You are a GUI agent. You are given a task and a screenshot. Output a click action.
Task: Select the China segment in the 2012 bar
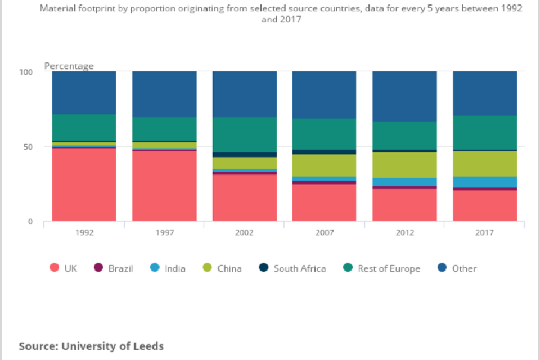[404, 165]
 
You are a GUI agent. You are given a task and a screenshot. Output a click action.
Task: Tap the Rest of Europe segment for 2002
[244, 134]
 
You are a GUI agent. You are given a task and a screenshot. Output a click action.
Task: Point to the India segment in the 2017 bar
[485, 182]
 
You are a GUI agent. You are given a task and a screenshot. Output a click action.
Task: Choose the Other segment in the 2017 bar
[485, 93]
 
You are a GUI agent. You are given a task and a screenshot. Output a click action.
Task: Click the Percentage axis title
[69, 66]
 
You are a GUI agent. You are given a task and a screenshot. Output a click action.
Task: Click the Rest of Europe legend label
[389, 268]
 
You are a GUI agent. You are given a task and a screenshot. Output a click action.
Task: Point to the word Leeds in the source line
[148, 346]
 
